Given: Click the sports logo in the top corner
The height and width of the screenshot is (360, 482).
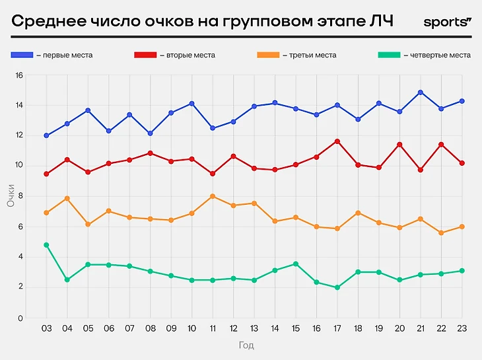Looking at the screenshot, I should point(447,22).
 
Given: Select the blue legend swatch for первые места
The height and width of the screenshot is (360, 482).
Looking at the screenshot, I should point(22,55).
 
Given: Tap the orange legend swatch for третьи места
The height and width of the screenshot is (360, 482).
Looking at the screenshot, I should point(267,55).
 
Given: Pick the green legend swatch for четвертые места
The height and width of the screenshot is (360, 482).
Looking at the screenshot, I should point(389,55).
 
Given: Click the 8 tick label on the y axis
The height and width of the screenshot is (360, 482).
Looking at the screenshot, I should point(20,196).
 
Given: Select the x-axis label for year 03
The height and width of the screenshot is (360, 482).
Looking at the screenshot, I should point(46,328).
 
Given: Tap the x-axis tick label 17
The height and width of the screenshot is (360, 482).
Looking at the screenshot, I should point(337,328).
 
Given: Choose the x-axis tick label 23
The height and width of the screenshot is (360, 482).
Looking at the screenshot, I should point(462,328).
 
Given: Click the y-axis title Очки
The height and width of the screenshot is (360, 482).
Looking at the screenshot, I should point(11,196).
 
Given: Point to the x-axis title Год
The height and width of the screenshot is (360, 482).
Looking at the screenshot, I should point(246,345).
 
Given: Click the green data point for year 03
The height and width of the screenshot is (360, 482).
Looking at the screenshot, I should point(46,245).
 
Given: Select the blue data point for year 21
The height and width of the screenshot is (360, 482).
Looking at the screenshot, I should point(420,92).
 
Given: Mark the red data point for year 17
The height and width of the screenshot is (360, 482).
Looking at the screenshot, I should point(337,141).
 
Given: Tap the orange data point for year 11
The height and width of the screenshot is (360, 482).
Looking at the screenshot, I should point(213,196).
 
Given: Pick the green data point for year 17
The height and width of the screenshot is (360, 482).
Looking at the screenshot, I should point(337,287).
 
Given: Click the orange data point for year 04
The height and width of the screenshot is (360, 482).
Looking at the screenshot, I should point(67,198).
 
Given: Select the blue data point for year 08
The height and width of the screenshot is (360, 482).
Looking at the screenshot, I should point(150,133).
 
